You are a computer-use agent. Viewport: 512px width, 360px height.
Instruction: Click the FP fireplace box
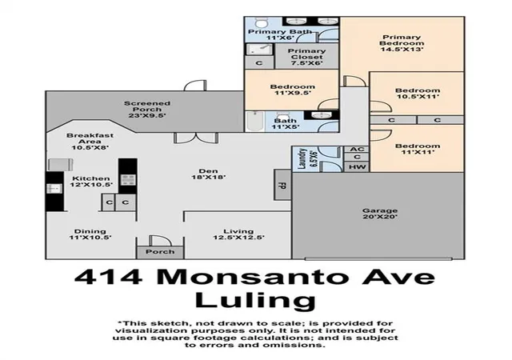[x=282, y=185]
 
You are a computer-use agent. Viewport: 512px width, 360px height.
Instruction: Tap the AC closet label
[x=357, y=150]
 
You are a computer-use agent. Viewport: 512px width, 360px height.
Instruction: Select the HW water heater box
[x=357, y=166]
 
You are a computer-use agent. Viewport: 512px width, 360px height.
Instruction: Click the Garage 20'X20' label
[x=380, y=214]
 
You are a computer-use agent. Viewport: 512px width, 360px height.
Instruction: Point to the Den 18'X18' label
[x=208, y=174]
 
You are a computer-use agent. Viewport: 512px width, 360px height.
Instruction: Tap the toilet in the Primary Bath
[x=260, y=22]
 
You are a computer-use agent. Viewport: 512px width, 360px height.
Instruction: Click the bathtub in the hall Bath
[x=254, y=121]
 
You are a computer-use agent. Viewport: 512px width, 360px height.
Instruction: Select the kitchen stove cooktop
[x=128, y=180]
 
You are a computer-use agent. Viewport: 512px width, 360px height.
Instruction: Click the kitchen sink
[x=54, y=189]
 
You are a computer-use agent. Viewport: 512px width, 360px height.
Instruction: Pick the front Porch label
[x=160, y=252]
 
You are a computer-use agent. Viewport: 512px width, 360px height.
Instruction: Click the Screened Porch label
[x=147, y=110]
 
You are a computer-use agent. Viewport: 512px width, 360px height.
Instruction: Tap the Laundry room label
[x=306, y=158]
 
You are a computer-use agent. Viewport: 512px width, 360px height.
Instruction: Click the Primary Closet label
[x=306, y=57]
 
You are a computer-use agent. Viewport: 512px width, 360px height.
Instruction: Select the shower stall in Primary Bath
[x=259, y=50]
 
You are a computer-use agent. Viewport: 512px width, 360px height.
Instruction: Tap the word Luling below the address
[x=255, y=301]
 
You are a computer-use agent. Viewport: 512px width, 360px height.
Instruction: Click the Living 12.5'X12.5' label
[x=238, y=234]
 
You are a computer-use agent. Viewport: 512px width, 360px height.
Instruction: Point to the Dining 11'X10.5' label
[x=90, y=234]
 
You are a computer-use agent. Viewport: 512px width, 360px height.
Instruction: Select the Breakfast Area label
[x=90, y=141]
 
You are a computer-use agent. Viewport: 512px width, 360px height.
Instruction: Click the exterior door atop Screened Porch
[x=195, y=86]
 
